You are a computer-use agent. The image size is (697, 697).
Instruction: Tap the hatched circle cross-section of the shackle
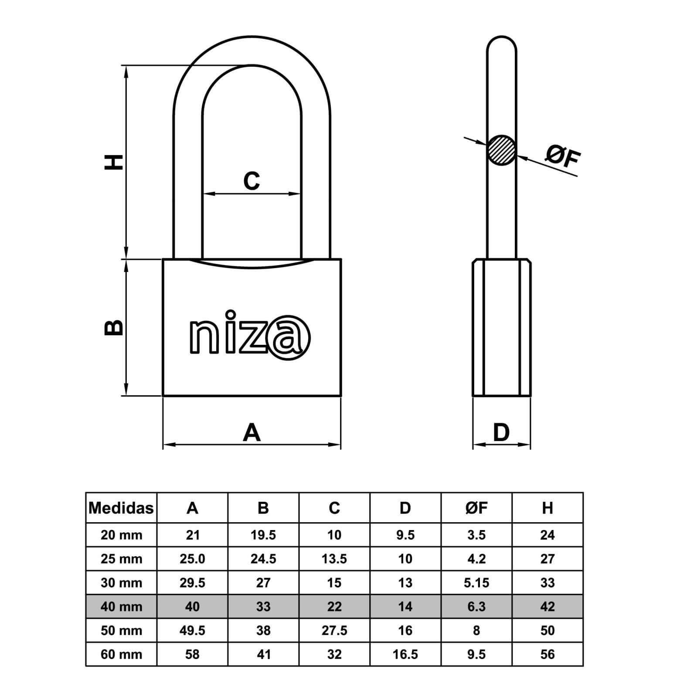click(502, 150)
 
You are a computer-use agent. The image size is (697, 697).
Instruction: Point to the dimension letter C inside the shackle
click(252, 180)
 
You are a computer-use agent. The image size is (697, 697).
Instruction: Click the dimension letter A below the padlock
click(252, 432)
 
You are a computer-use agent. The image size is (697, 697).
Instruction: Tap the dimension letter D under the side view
click(501, 432)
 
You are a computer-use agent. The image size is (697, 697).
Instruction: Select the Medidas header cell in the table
click(121, 508)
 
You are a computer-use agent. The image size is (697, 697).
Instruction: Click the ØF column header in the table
click(476, 508)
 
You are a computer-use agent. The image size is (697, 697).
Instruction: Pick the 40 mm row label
click(122, 607)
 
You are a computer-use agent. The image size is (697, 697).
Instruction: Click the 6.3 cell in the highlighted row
click(476, 607)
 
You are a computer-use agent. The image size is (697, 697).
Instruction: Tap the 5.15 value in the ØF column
click(476, 583)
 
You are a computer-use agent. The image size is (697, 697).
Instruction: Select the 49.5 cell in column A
click(192, 631)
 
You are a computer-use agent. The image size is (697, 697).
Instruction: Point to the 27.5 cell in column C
click(334, 631)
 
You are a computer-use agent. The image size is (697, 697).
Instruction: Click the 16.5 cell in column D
click(405, 655)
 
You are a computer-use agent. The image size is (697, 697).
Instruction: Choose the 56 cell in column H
click(547, 655)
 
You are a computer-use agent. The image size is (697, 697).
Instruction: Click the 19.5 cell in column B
click(263, 535)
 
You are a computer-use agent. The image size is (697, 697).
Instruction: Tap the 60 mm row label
click(122, 655)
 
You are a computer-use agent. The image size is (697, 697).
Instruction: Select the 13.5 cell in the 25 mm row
click(334, 559)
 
